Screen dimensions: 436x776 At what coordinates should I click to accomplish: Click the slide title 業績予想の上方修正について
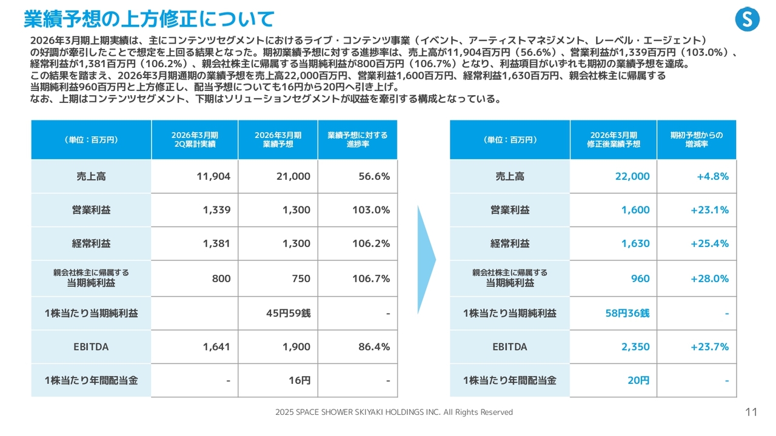[x=149, y=19]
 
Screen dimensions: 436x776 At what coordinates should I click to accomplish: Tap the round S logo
[x=747, y=19]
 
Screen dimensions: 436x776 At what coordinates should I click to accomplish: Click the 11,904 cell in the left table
[x=213, y=176]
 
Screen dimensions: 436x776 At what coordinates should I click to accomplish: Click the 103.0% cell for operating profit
[x=370, y=210]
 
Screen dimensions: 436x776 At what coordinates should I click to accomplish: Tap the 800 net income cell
[x=221, y=279]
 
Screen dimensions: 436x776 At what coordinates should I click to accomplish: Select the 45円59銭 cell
[x=288, y=313]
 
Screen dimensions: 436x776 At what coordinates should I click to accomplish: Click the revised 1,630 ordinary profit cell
[x=635, y=243]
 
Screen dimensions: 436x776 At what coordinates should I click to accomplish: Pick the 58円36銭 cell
[x=627, y=313]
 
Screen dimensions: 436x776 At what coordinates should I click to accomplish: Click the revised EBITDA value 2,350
[x=635, y=347]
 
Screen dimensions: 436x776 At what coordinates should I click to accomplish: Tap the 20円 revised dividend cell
[x=638, y=381]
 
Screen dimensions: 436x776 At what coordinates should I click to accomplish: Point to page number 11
[x=751, y=412]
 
